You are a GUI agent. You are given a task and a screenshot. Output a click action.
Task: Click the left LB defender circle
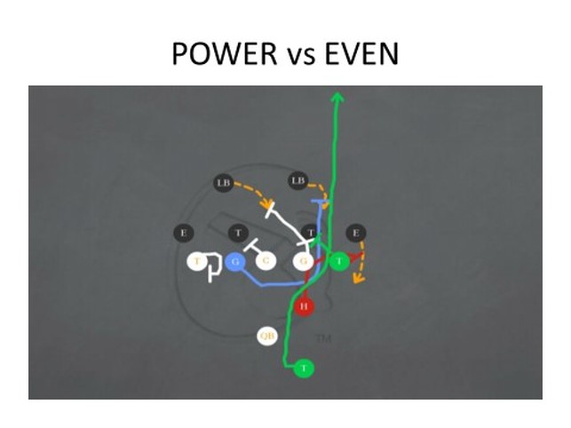pyautogui.click(x=223, y=183)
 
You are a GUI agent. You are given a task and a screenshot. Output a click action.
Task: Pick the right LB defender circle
pyautogui.click(x=297, y=182)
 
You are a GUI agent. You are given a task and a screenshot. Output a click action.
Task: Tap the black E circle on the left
pyautogui.click(x=184, y=234)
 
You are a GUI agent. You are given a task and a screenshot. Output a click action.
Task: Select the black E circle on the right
pyautogui.click(x=356, y=233)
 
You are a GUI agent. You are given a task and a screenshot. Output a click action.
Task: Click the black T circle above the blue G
pyautogui.click(x=237, y=234)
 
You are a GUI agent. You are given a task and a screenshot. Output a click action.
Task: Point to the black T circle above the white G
pyautogui.click(x=310, y=234)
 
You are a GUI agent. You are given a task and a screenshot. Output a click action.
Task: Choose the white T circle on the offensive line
pyautogui.click(x=198, y=261)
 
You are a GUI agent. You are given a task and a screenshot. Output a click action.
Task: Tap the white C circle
pyautogui.click(x=266, y=261)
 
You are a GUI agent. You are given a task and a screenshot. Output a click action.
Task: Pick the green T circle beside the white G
pyautogui.click(x=338, y=261)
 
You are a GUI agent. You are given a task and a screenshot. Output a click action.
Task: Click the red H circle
pyautogui.click(x=305, y=306)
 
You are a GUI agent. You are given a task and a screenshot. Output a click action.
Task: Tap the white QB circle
pyautogui.click(x=267, y=337)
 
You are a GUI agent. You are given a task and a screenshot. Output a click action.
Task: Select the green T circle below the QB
pyautogui.click(x=305, y=368)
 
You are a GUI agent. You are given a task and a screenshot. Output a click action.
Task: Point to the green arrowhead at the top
pyautogui.click(x=337, y=95)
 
